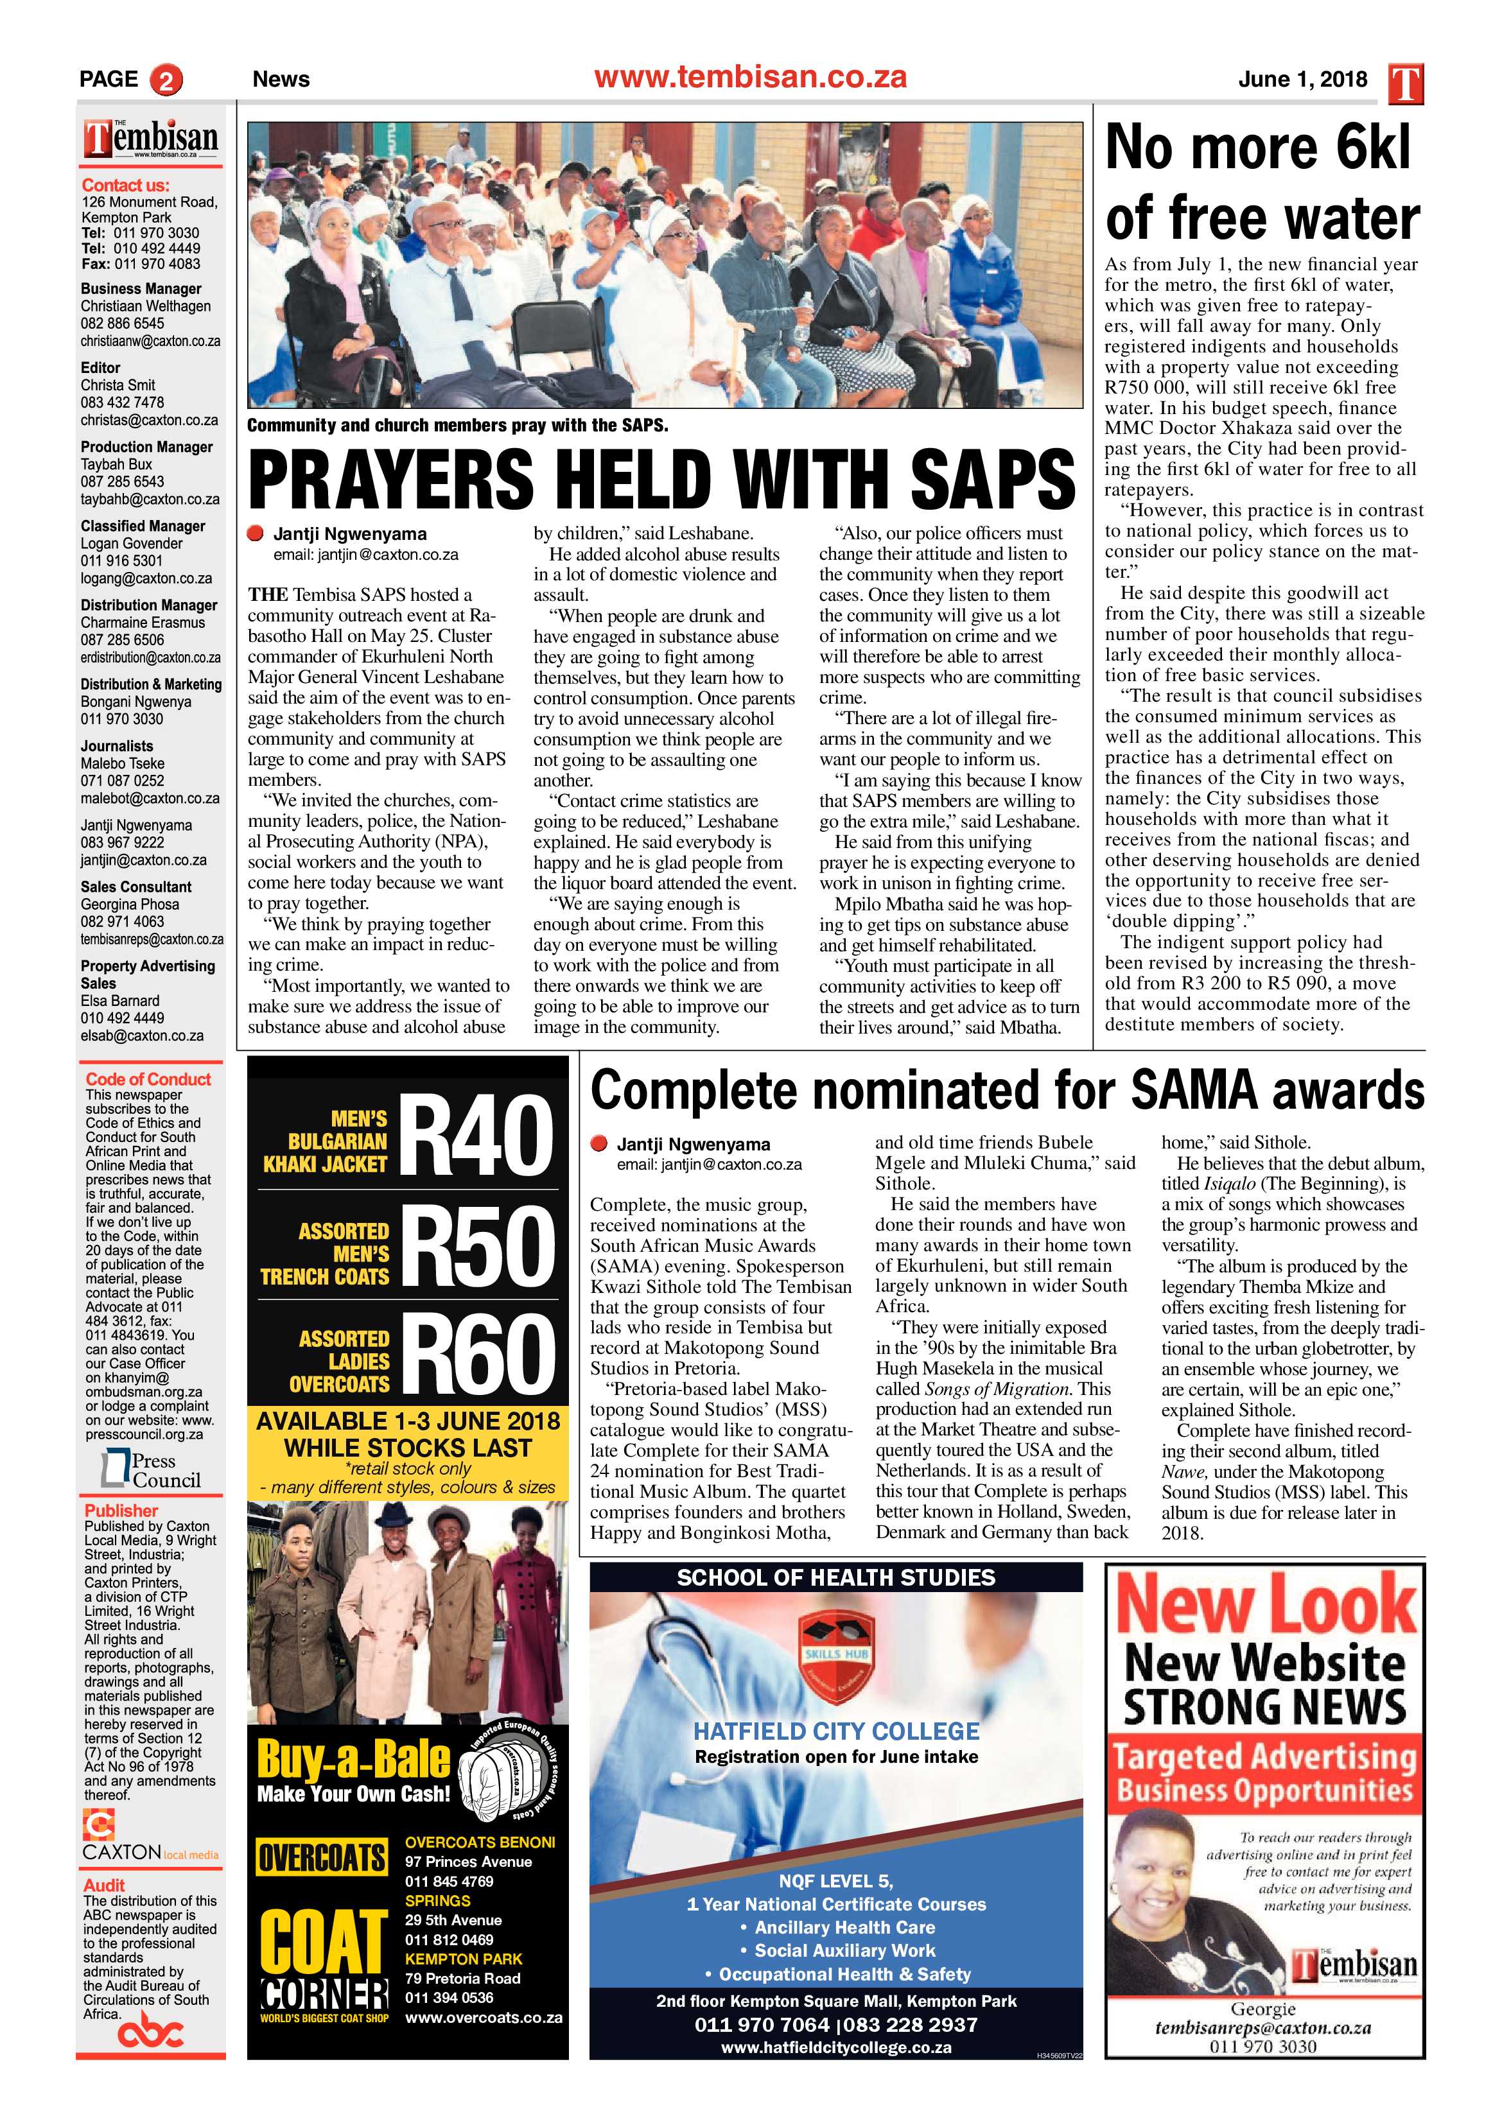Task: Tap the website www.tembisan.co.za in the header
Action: pyautogui.click(x=750, y=78)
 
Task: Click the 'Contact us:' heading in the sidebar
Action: pyautogui.click(x=126, y=185)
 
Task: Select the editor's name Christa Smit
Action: pyautogui.click(x=118, y=385)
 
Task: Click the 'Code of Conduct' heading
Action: pyautogui.click(x=148, y=1079)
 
